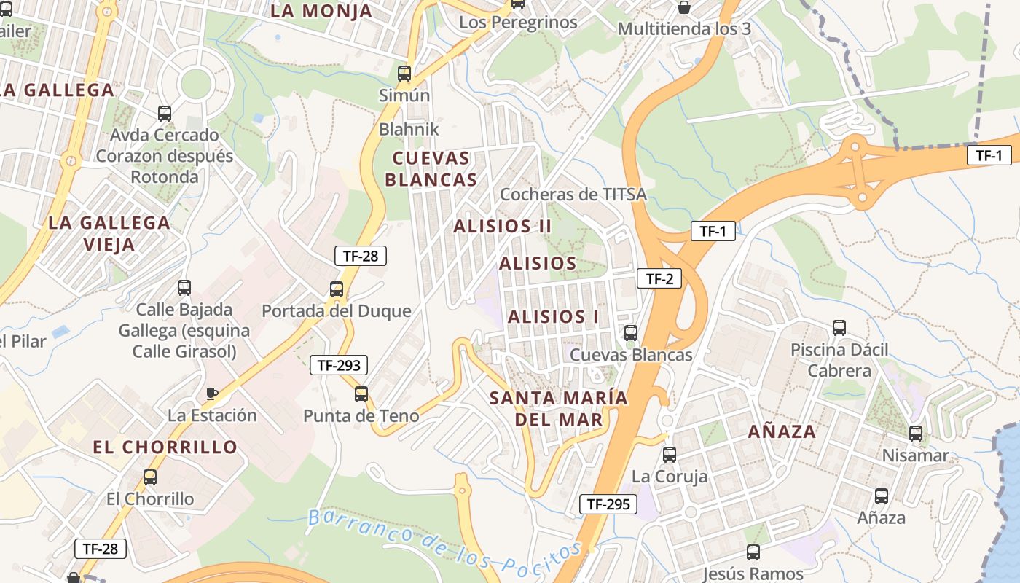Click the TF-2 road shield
coord(659,278)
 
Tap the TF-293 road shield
coord(339,365)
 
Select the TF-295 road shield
coord(608,504)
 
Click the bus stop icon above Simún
coord(404,74)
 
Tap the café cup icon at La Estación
coord(212,394)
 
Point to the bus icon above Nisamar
coord(916,434)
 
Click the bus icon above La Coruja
coord(669,455)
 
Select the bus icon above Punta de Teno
coord(361,394)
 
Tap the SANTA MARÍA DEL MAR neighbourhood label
coord(559,409)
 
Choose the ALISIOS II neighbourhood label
coord(503,226)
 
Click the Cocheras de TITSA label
coord(573,194)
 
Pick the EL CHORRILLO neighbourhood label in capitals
coord(165,447)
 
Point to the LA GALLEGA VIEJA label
coord(109,233)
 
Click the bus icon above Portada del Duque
coord(337,289)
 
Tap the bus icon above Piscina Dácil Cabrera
coord(839,328)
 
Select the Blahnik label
coord(409,129)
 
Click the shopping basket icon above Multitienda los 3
coord(684,8)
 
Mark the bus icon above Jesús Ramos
coord(753,552)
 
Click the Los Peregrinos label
coord(518,23)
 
